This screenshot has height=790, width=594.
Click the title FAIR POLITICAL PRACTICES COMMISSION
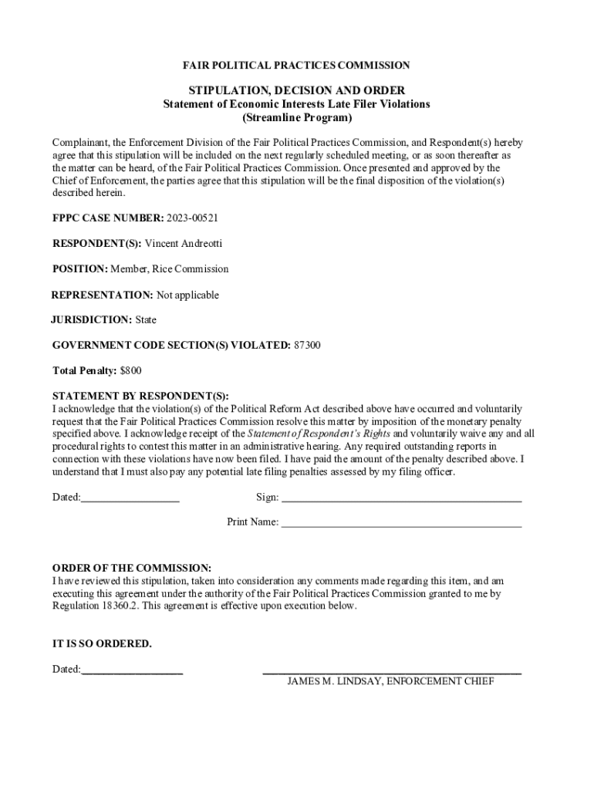pyautogui.click(x=296, y=66)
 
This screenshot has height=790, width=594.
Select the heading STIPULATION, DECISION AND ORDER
pyautogui.click(x=296, y=90)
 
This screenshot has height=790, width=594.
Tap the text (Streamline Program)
pyautogui.click(x=296, y=118)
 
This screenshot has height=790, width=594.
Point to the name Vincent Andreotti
pyautogui.click(x=184, y=244)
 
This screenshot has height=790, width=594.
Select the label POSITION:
pyautogui.click(x=79, y=269)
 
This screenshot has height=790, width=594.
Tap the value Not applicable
pyautogui.click(x=187, y=295)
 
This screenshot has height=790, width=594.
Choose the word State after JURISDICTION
pyautogui.click(x=146, y=319)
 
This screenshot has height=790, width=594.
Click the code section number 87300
pyautogui.click(x=307, y=345)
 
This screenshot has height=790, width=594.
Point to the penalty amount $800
pyautogui.click(x=131, y=370)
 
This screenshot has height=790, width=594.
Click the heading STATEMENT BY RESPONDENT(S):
pyautogui.click(x=140, y=397)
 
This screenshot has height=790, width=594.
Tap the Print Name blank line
pyautogui.click(x=401, y=524)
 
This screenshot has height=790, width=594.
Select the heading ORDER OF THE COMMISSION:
pyautogui.click(x=131, y=568)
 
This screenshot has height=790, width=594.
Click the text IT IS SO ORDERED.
pyautogui.click(x=102, y=643)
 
